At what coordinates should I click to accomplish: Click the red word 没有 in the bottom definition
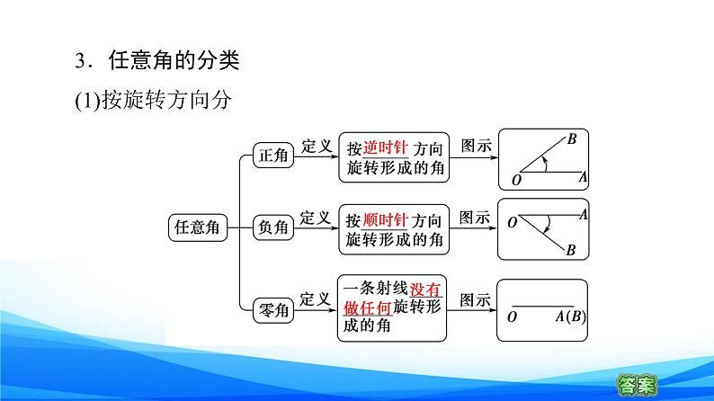coord(426,290)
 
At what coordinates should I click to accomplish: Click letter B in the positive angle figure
coord(572,139)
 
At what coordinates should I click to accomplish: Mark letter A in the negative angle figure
coord(583,214)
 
